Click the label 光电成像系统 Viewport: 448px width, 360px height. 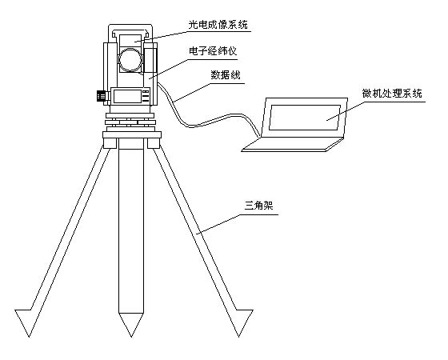(218, 25)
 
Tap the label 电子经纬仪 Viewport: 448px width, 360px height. (213, 51)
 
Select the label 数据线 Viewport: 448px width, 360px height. (226, 75)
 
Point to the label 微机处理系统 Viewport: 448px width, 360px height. (392, 93)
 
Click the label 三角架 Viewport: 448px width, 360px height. (259, 206)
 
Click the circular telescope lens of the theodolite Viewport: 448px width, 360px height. (130, 60)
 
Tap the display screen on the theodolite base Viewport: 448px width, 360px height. (127, 96)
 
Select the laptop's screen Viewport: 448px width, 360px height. (305, 118)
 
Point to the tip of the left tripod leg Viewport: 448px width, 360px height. (29, 337)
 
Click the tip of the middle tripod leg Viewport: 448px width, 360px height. (131, 337)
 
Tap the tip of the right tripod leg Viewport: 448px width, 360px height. (239, 337)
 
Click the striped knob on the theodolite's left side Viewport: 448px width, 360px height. (101, 95)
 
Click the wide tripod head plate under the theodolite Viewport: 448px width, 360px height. (132, 135)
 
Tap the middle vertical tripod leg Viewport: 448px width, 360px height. (131, 229)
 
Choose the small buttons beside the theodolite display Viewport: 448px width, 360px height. (146, 96)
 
